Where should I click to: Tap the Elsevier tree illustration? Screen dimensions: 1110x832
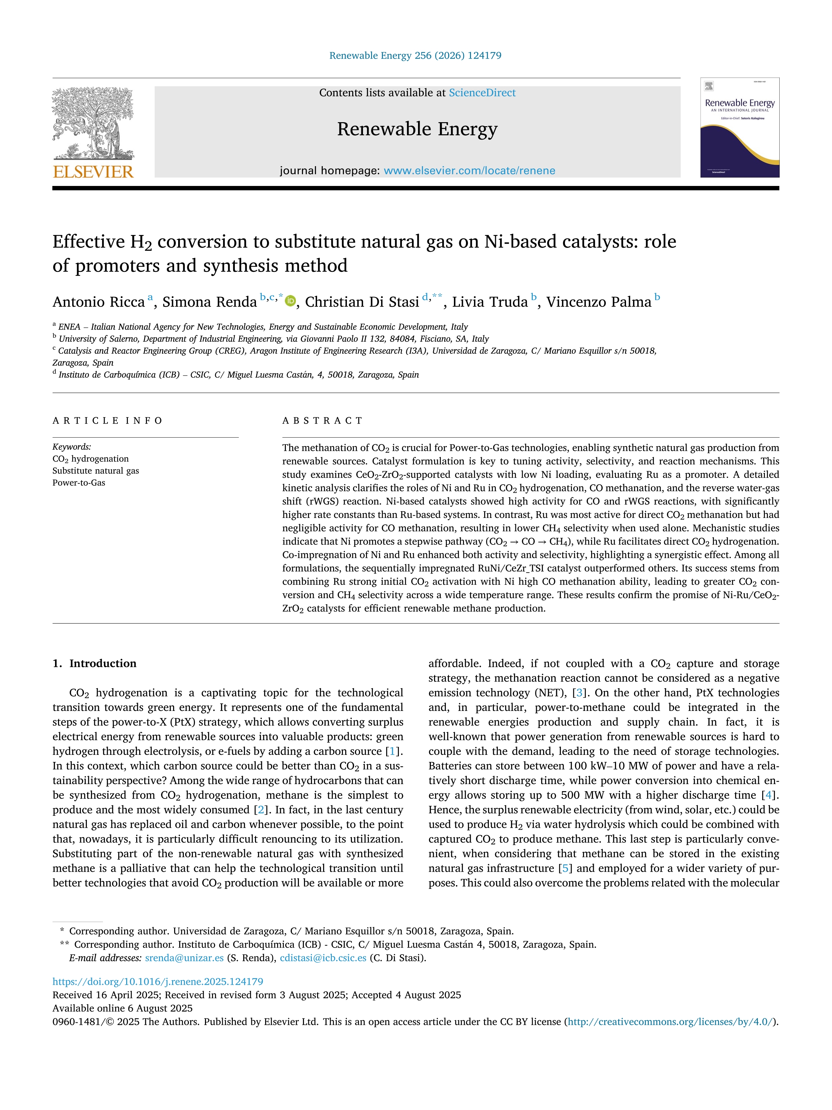click(93, 123)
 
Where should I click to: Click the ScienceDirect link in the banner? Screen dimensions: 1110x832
click(482, 93)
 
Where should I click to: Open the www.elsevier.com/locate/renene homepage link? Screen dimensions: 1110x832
click(469, 171)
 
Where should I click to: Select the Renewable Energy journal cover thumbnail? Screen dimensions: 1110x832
click(740, 128)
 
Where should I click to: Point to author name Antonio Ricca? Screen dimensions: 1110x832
click(99, 302)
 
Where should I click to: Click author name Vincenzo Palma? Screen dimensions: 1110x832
click(599, 302)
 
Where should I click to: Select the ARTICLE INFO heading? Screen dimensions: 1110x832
click(108, 421)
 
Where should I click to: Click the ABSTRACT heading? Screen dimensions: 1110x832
click(322, 421)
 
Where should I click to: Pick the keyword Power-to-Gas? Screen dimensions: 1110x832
click(79, 483)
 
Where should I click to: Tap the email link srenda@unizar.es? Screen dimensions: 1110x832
click(184, 958)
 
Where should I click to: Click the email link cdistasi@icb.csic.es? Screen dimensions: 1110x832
click(323, 958)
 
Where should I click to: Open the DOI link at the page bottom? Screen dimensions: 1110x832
click(158, 981)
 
